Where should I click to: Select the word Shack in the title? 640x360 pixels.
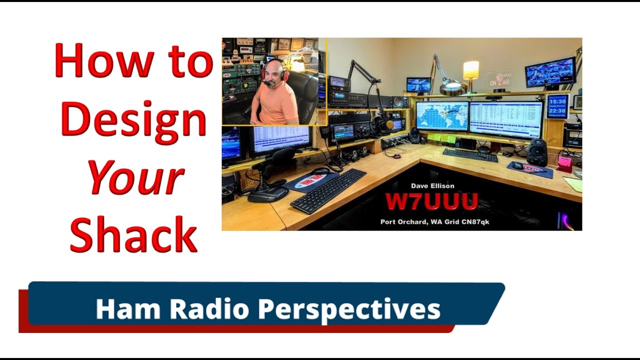(x=133, y=235)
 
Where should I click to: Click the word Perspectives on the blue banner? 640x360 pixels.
(x=349, y=309)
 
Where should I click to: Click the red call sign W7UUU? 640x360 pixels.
(x=431, y=202)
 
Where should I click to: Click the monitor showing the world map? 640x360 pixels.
(x=442, y=116)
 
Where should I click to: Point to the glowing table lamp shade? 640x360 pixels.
(x=470, y=70)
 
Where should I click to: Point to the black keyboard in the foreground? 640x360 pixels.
(x=329, y=190)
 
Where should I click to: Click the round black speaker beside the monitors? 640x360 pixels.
(x=537, y=152)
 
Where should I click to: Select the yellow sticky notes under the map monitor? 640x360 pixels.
(x=440, y=137)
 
